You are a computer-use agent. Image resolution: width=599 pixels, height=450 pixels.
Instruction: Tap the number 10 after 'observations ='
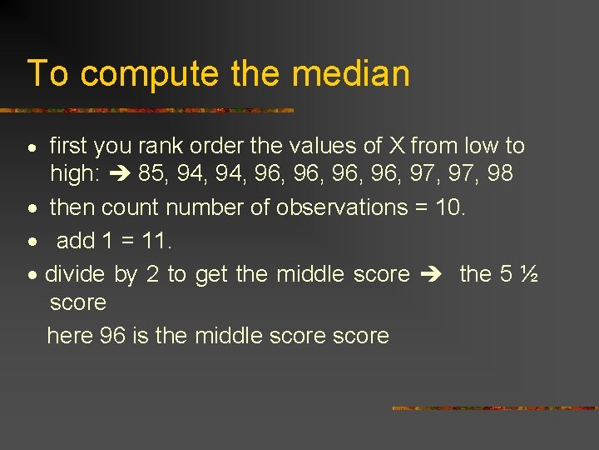pyautogui.click(x=448, y=207)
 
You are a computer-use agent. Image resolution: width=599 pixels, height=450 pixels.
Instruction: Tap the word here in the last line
pyautogui.click(x=70, y=336)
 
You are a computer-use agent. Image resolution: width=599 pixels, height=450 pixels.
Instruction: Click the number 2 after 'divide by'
pyautogui.click(x=152, y=274)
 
